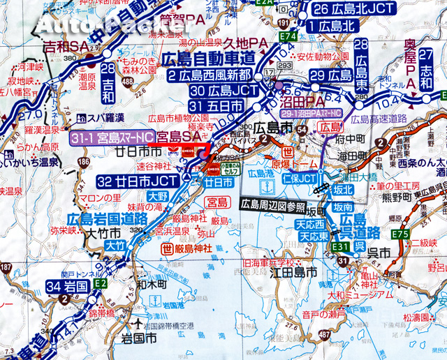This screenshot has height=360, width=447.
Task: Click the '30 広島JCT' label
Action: [216, 90]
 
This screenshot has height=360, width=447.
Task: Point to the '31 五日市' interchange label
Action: [215, 105]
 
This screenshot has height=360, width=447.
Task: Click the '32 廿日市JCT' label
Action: [139, 181]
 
